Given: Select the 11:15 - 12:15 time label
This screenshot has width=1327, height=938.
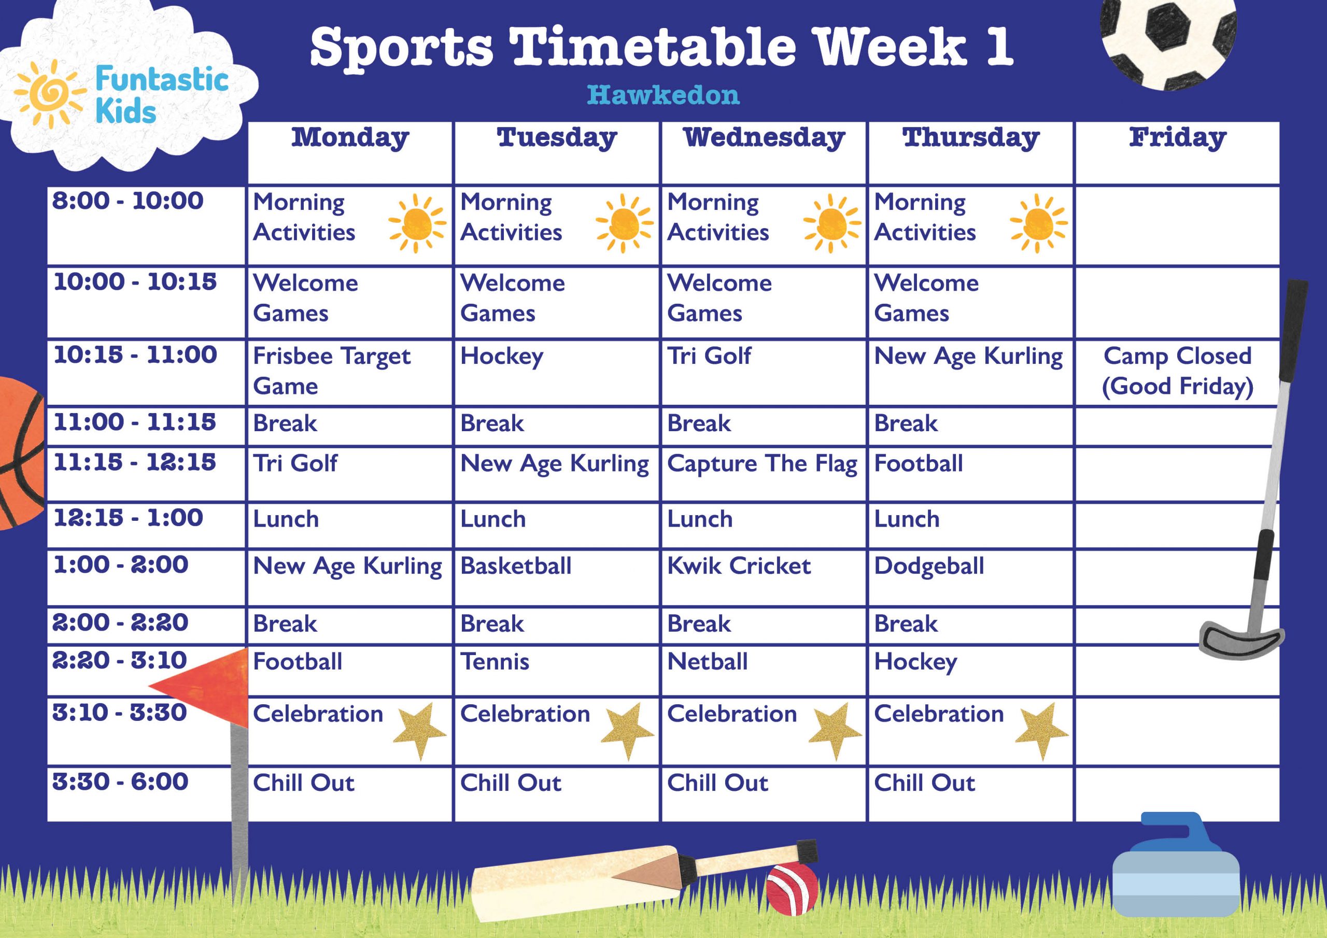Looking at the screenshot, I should pyautogui.click(x=134, y=462).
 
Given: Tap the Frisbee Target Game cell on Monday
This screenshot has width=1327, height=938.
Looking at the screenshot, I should pyautogui.click(x=332, y=371).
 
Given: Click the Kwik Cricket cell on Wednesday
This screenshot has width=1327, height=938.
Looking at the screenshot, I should pyautogui.click(x=739, y=566).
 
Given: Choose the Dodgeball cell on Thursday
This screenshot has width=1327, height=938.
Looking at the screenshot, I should pyautogui.click(x=929, y=566).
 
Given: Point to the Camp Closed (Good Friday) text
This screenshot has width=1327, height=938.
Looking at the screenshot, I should pyautogui.click(x=1177, y=371).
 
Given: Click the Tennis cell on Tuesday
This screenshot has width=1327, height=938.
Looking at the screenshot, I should pyautogui.click(x=495, y=662).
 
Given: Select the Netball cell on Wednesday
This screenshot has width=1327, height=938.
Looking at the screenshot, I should pyautogui.click(x=708, y=662).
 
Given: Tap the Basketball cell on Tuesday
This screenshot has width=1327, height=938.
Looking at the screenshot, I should pyautogui.click(x=516, y=566).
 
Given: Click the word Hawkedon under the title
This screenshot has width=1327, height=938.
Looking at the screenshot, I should pyautogui.click(x=663, y=95).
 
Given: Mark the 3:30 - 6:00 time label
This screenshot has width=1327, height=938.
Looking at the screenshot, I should pyautogui.click(x=120, y=782).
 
